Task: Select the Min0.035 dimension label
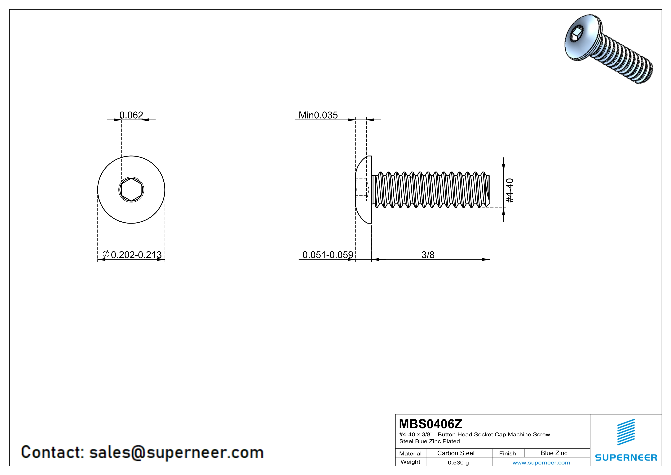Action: click(x=318, y=115)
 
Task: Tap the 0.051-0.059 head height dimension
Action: click(x=328, y=255)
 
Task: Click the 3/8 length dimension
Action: click(x=428, y=255)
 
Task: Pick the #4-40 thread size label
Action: click(x=509, y=190)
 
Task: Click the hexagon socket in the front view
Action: click(x=131, y=190)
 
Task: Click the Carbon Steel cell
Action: click(x=456, y=453)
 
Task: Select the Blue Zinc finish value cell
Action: click(x=554, y=453)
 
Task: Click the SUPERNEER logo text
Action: click(x=626, y=457)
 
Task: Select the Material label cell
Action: click(x=410, y=453)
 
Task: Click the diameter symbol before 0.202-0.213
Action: click(x=106, y=254)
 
